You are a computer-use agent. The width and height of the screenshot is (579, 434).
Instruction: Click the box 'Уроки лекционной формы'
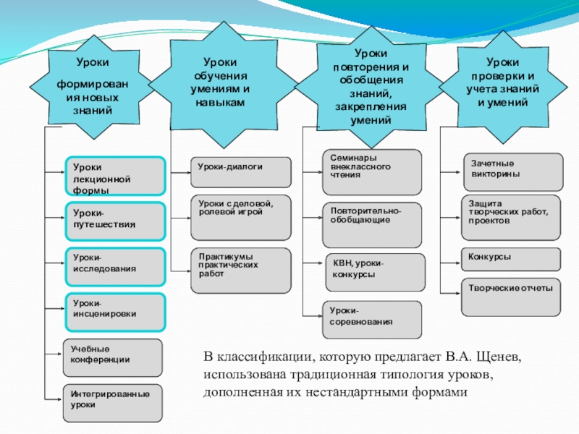pyautogui.click(x=116, y=176)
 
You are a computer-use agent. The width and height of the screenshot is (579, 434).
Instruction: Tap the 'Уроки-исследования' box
pyautogui.click(x=116, y=265)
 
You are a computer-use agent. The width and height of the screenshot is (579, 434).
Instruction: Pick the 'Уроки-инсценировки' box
pyautogui.click(x=116, y=311)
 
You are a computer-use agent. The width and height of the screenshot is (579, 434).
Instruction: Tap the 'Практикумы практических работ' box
pyautogui.click(x=240, y=271)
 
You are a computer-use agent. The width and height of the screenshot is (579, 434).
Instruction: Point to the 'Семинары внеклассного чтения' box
pyautogui.click(x=371, y=171)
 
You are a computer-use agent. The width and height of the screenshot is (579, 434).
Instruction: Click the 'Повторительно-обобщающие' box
pyautogui.click(x=371, y=224)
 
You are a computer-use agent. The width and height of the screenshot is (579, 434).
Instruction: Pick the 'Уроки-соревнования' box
pyautogui.click(x=371, y=319)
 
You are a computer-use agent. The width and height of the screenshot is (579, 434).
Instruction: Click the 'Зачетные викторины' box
pyautogui.click(x=512, y=171)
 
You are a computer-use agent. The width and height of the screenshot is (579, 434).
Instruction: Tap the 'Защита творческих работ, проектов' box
pyautogui.click(x=511, y=216)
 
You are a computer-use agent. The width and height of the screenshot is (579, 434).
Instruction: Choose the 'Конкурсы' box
pyautogui.click(x=511, y=258)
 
